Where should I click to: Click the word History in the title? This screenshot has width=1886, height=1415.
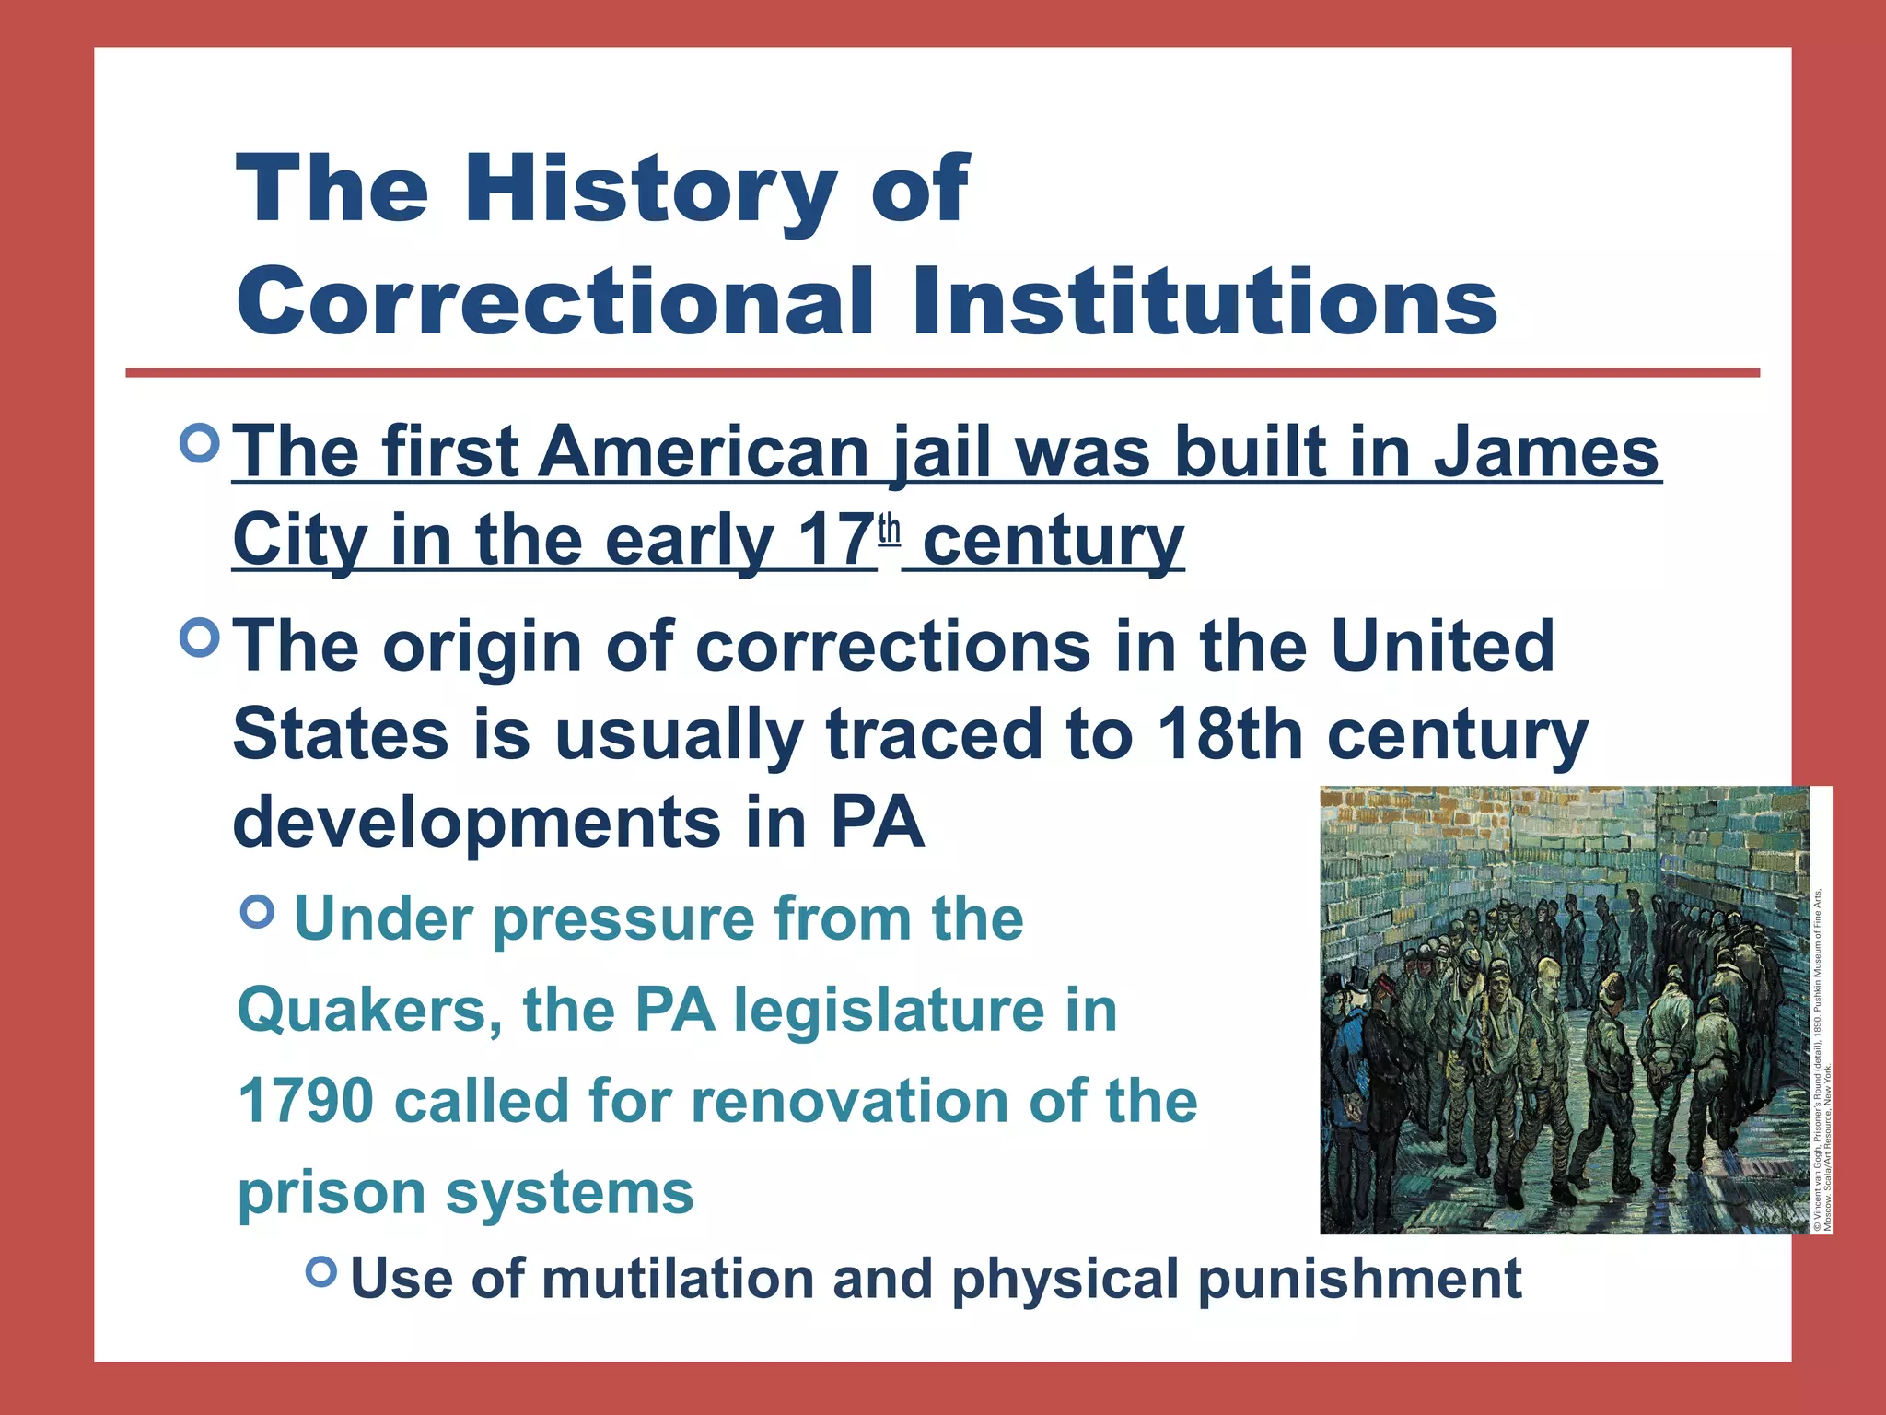click(x=651, y=189)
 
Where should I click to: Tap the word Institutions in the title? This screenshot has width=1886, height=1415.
click(x=1205, y=301)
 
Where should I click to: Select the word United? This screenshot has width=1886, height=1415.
click(x=1443, y=646)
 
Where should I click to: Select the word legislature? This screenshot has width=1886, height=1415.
click(x=890, y=1011)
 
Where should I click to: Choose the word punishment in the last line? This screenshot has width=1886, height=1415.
click(x=1359, y=1280)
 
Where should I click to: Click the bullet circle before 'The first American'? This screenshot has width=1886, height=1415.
click(x=201, y=444)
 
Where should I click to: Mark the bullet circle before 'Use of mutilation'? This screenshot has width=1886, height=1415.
click(x=321, y=1272)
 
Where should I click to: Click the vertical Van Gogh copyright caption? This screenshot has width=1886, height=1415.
click(x=1822, y=1059)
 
